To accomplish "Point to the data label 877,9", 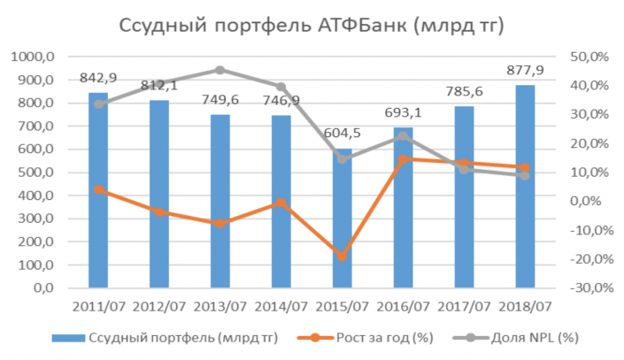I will tap(525, 70).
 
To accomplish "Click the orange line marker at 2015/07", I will tap(342, 257).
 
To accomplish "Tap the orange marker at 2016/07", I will tap(403, 160).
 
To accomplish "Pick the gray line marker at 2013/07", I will tap(220, 70).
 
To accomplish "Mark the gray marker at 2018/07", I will tap(525, 175).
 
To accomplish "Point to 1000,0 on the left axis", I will tap(35, 57).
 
